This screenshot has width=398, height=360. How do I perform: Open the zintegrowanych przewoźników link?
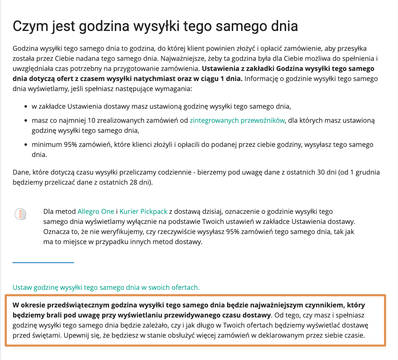click(237, 120)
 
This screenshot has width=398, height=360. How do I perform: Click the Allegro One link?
click(96, 211)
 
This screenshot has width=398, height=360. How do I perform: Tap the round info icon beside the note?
click(21, 213)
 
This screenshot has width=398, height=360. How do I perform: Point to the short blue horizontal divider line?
click(43, 263)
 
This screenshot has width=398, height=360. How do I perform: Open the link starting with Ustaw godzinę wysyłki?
click(106, 287)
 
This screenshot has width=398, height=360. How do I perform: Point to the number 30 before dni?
click(312, 172)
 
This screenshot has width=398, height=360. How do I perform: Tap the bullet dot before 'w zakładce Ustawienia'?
click(26, 107)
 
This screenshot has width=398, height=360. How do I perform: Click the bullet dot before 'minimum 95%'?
click(26, 145)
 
